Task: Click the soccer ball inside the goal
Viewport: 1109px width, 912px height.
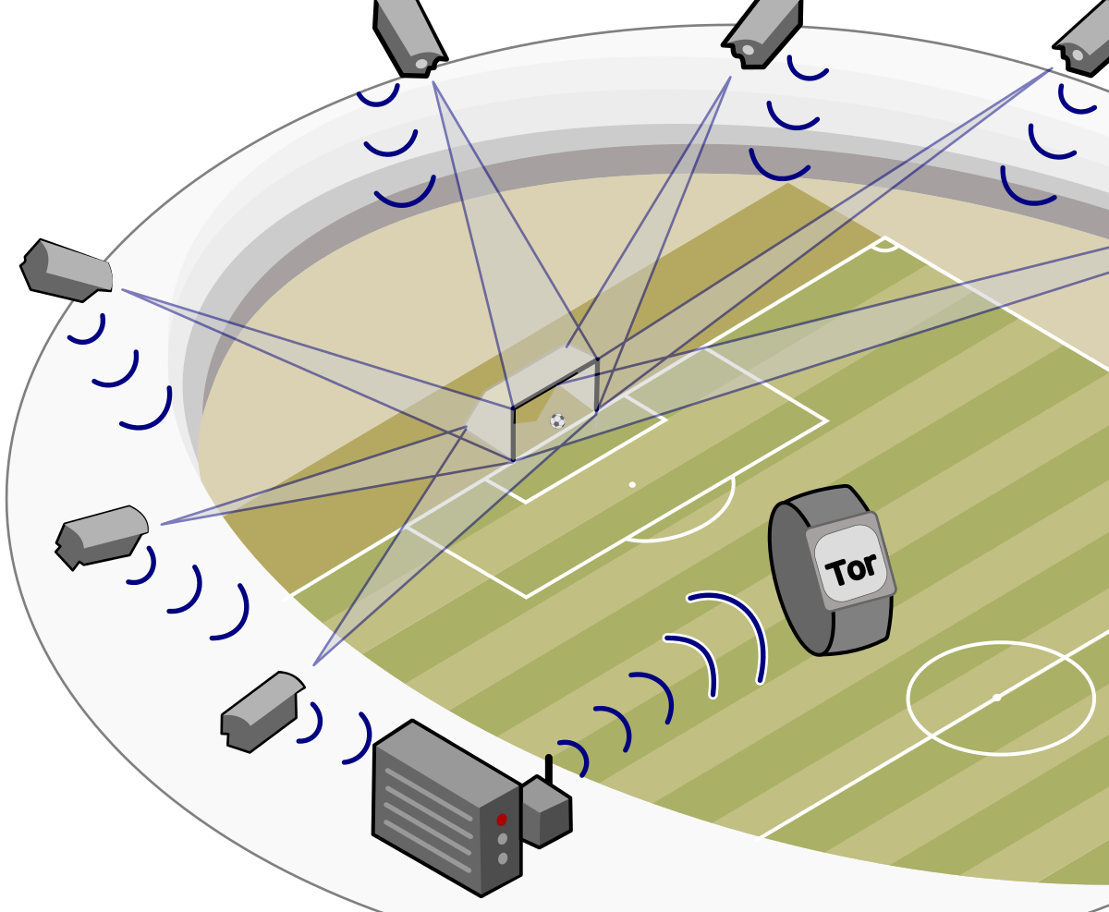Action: tap(557, 420)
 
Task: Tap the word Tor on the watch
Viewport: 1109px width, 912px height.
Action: tap(852, 568)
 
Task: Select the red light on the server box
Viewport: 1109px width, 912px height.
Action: tap(502, 820)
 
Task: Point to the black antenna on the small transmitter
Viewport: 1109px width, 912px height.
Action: tap(548, 769)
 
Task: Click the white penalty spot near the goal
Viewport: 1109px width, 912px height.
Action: tap(632, 484)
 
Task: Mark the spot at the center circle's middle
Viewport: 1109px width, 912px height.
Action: tap(996, 697)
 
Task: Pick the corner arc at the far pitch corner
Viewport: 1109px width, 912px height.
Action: tap(884, 247)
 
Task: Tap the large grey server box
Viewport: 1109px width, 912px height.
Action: tap(444, 809)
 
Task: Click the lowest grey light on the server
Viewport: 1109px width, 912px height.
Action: tap(503, 858)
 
